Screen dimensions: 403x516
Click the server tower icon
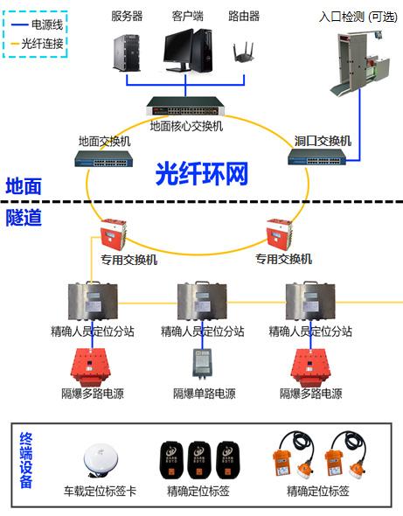(x=127, y=52)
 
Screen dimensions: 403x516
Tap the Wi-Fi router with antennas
(x=244, y=52)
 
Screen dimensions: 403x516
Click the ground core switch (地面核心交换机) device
(x=185, y=107)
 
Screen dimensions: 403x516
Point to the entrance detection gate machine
(x=360, y=62)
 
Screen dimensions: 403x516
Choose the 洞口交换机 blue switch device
(x=317, y=157)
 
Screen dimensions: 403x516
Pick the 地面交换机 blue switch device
(x=104, y=158)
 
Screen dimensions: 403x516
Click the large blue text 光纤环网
(x=202, y=173)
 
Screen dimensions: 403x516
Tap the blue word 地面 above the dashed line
(x=24, y=186)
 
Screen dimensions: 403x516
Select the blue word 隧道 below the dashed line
(x=24, y=218)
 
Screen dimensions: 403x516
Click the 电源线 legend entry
(x=37, y=24)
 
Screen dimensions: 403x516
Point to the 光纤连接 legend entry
(x=37, y=44)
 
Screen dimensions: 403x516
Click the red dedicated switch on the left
(x=113, y=234)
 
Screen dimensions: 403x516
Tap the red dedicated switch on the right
(x=279, y=234)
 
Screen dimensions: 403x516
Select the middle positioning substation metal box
(x=202, y=301)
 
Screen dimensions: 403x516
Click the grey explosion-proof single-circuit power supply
(x=202, y=363)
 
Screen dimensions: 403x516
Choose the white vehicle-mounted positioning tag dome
(x=100, y=460)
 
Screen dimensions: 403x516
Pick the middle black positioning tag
(x=198, y=460)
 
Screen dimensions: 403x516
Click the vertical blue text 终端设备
(x=26, y=461)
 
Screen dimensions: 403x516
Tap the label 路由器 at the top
(x=244, y=16)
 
